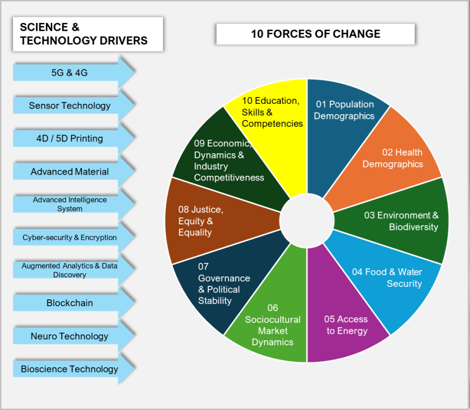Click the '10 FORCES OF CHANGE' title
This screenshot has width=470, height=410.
315,34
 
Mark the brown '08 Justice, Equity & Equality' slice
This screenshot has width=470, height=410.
216,221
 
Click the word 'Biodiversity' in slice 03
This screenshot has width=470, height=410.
414,227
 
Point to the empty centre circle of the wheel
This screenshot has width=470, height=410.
307,221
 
